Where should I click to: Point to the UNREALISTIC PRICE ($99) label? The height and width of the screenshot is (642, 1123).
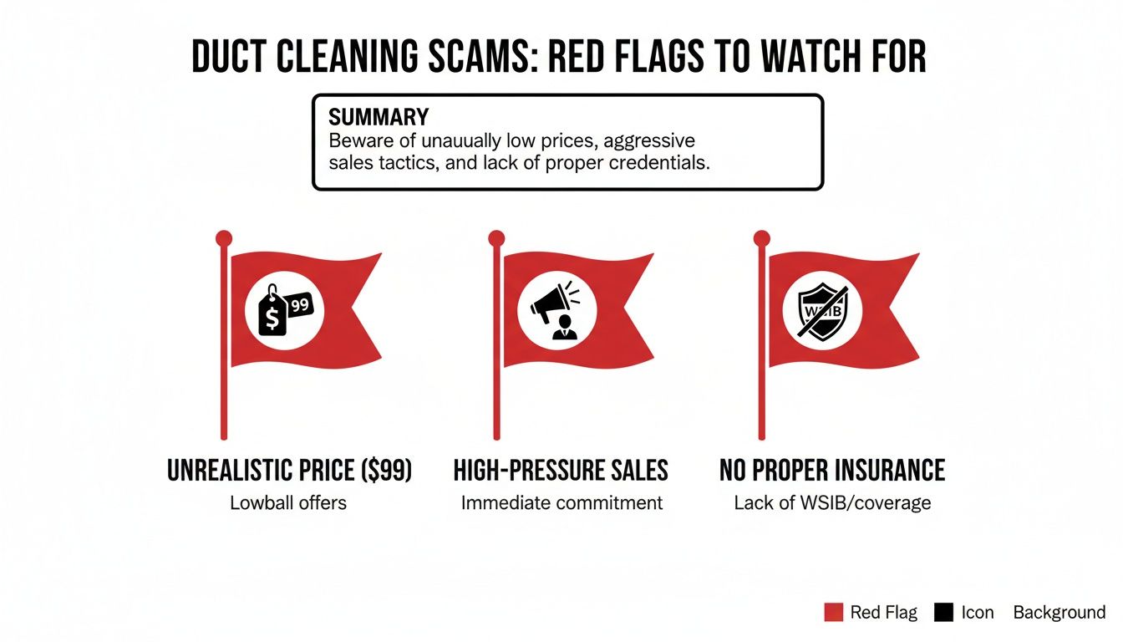tap(290, 471)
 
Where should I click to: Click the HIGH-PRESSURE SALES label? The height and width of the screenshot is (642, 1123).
tap(561, 471)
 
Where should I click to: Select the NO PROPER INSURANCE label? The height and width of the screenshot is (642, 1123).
tap(832, 471)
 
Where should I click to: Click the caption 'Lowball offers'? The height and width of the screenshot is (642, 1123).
tap(288, 503)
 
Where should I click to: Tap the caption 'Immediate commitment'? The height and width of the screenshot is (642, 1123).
tap(561, 503)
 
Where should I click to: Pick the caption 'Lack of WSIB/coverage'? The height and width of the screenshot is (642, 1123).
tap(831, 503)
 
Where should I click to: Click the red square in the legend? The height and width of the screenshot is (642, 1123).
tap(833, 613)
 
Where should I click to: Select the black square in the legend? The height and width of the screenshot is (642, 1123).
tap(943, 613)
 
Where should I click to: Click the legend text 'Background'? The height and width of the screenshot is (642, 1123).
tap(1059, 613)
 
